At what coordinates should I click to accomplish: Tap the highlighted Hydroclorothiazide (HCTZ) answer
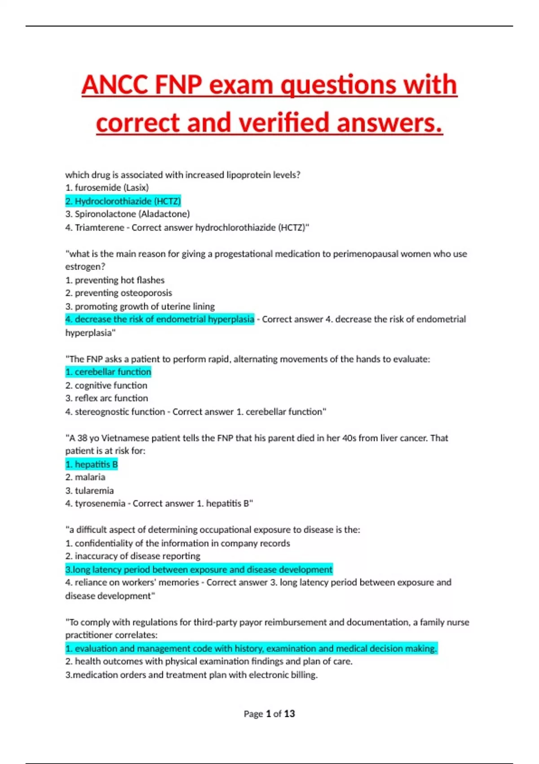click(x=123, y=201)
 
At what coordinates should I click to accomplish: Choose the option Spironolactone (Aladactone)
click(x=128, y=214)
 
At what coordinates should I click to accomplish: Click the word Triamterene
click(x=99, y=227)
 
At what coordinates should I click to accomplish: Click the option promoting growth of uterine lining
click(x=140, y=306)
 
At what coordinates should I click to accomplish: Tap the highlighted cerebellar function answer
click(x=108, y=372)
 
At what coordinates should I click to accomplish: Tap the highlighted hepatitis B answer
click(x=92, y=464)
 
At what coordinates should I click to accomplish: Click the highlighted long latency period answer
click(x=199, y=570)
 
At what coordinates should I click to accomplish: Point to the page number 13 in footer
click(x=289, y=714)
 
